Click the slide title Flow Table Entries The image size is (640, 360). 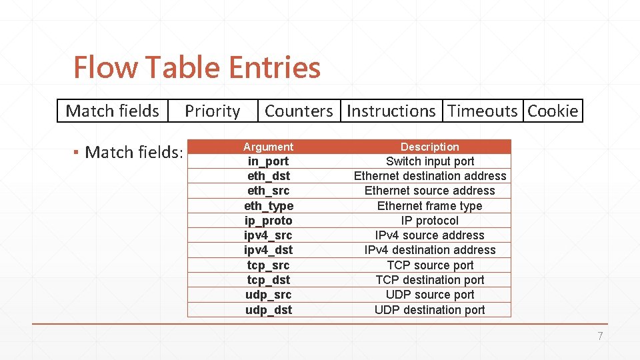(x=197, y=67)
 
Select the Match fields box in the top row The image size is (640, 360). (x=113, y=111)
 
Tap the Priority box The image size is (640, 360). (x=212, y=111)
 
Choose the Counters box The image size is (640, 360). (x=299, y=111)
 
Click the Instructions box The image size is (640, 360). (x=391, y=111)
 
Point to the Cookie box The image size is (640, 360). (x=553, y=111)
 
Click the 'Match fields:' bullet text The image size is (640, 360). (x=133, y=153)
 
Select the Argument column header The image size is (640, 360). (x=268, y=147)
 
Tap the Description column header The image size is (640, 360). (x=429, y=147)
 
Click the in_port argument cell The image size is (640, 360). (x=268, y=161)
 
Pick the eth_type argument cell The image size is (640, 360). (x=268, y=206)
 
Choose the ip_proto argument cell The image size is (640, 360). (x=268, y=221)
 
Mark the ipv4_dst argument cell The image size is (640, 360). (x=268, y=250)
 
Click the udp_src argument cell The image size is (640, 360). (x=268, y=295)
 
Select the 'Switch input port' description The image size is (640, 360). (x=429, y=161)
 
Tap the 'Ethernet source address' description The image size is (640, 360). (x=429, y=191)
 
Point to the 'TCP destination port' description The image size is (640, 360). (x=429, y=280)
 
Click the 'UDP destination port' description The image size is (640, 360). (x=429, y=310)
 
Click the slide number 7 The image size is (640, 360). (x=599, y=337)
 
